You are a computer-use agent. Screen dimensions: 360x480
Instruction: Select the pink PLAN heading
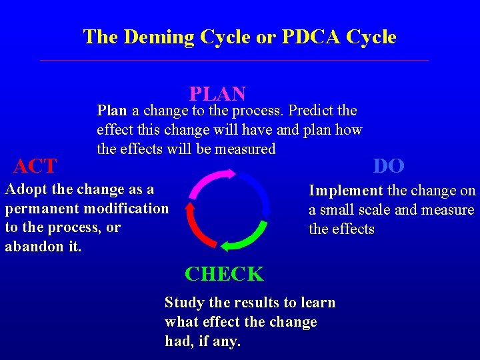coord(217,94)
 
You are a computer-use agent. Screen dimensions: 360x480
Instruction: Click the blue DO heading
coord(389,165)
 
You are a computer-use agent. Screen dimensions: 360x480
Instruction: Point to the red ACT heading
coord(35,165)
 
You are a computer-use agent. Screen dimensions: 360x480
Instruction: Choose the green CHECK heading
coord(224,274)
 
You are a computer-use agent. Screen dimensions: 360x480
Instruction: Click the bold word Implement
coord(345,191)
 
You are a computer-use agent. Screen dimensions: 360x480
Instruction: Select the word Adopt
coord(23,189)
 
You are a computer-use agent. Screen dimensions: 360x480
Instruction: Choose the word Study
coord(184,303)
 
